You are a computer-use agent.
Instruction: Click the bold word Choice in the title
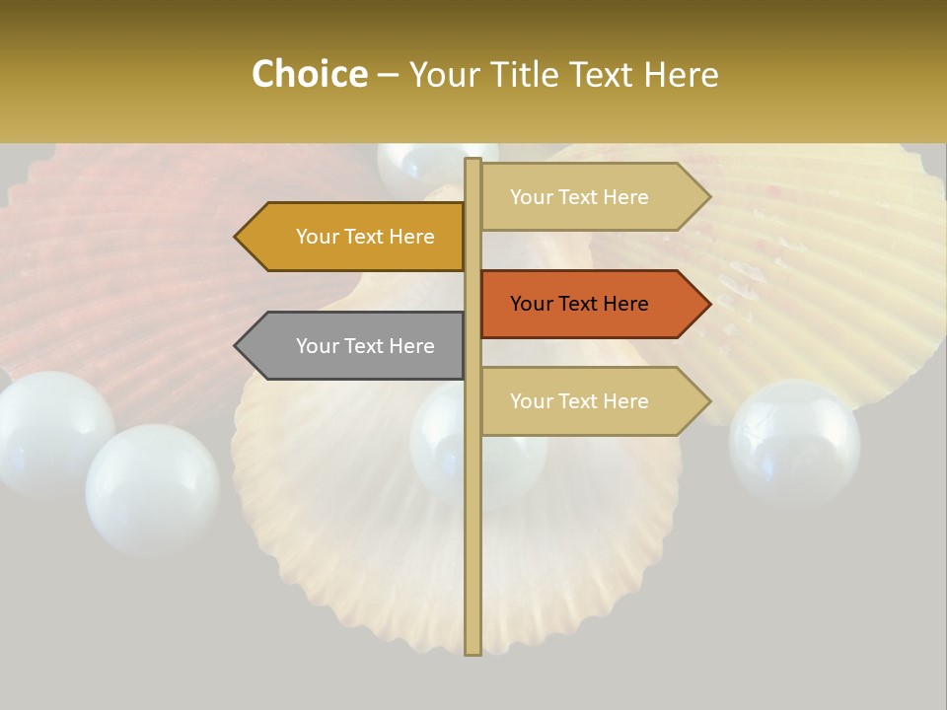(309, 75)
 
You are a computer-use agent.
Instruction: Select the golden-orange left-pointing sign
(355, 237)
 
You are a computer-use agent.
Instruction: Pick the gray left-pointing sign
(355, 346)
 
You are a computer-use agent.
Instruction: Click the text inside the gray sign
(365, 346)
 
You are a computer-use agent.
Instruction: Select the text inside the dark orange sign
(579, 304)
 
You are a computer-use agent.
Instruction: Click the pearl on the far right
(794, 442)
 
